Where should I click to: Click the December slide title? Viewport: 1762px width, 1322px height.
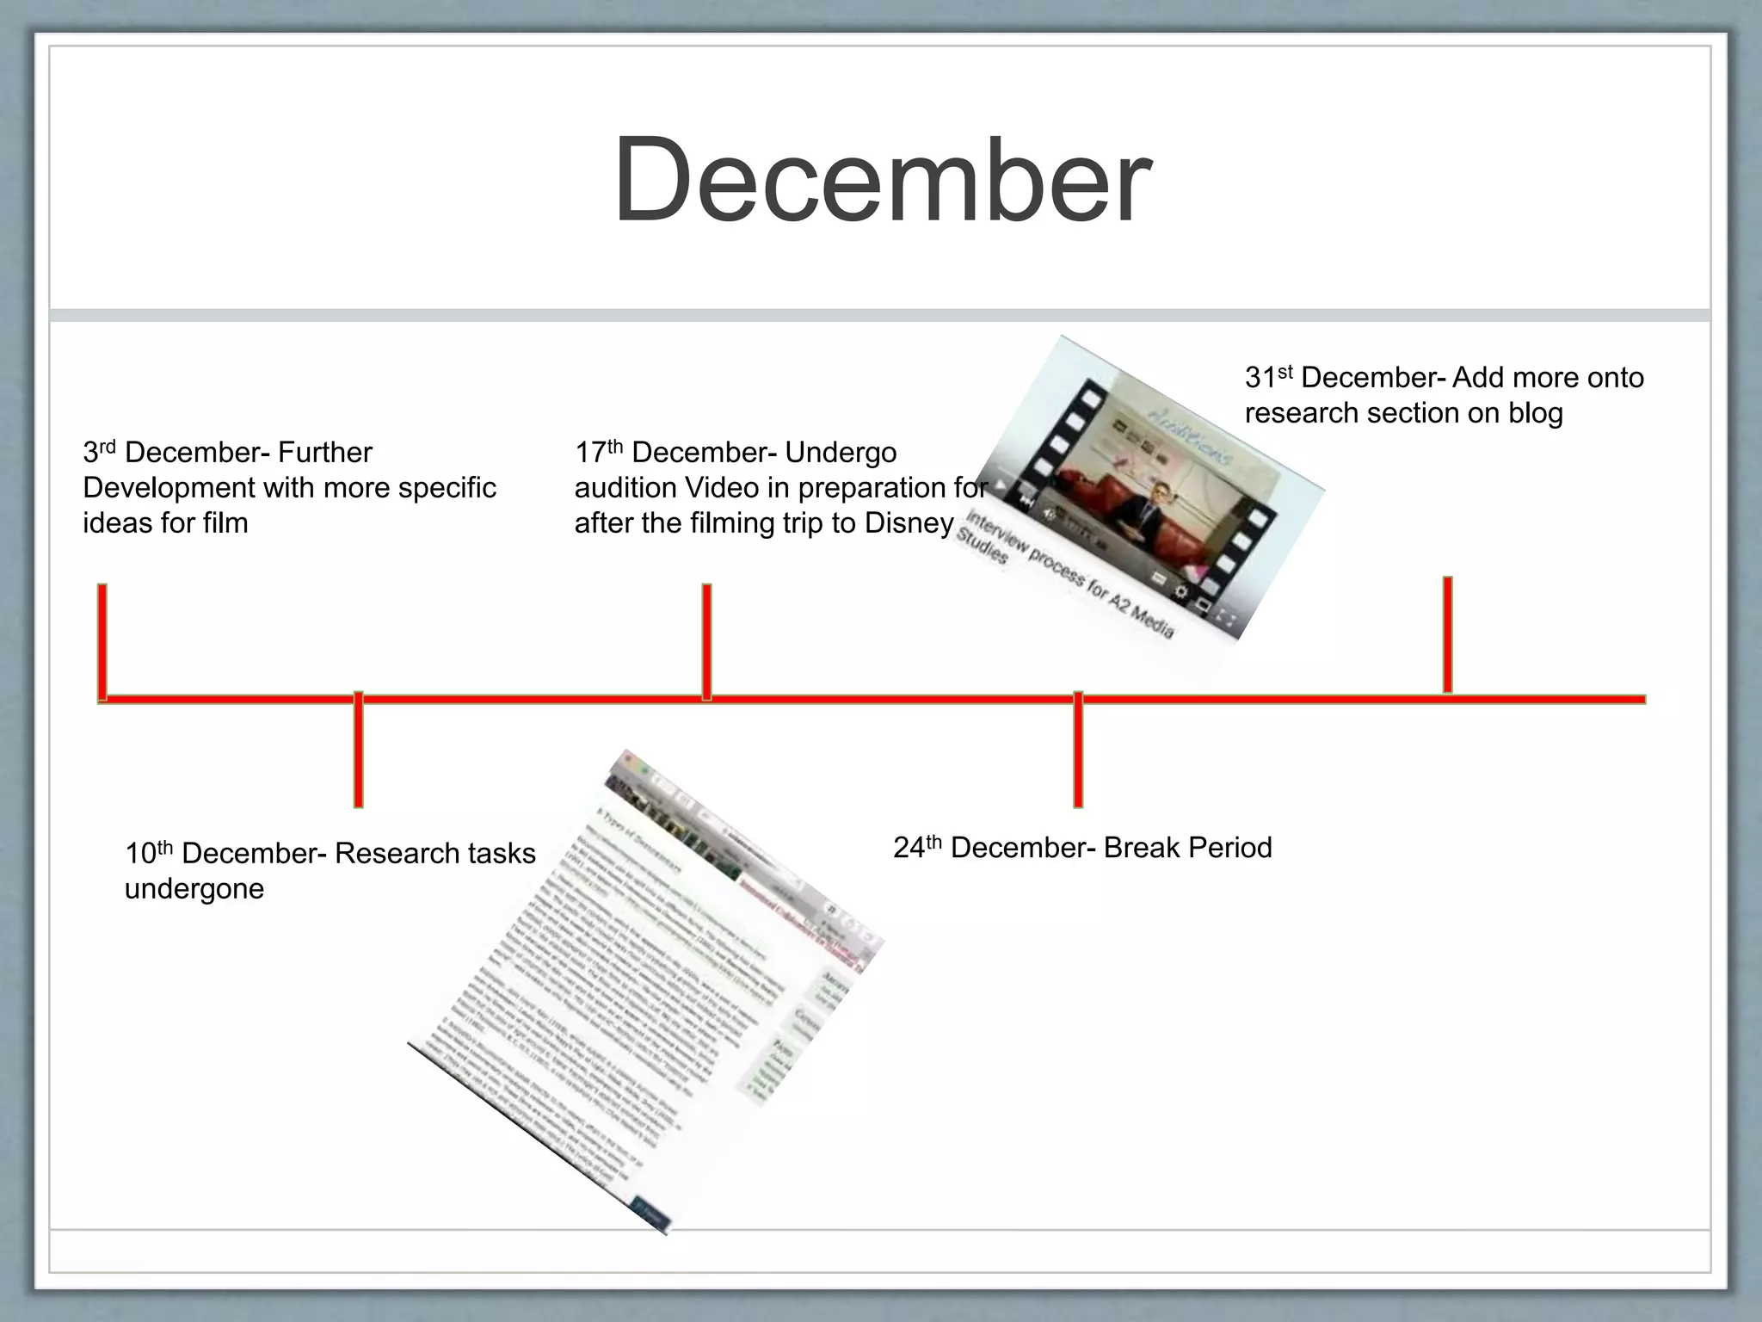(x=881, y=181)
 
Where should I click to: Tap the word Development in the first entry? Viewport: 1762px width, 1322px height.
(x=169, y=488)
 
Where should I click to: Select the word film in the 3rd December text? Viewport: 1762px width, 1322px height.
(x=225, y=523)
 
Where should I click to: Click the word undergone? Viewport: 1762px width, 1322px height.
(x=194, y=889)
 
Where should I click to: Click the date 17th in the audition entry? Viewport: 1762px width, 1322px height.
(x=597, y=452)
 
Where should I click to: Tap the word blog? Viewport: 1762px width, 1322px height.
(x=1535, y=413)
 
